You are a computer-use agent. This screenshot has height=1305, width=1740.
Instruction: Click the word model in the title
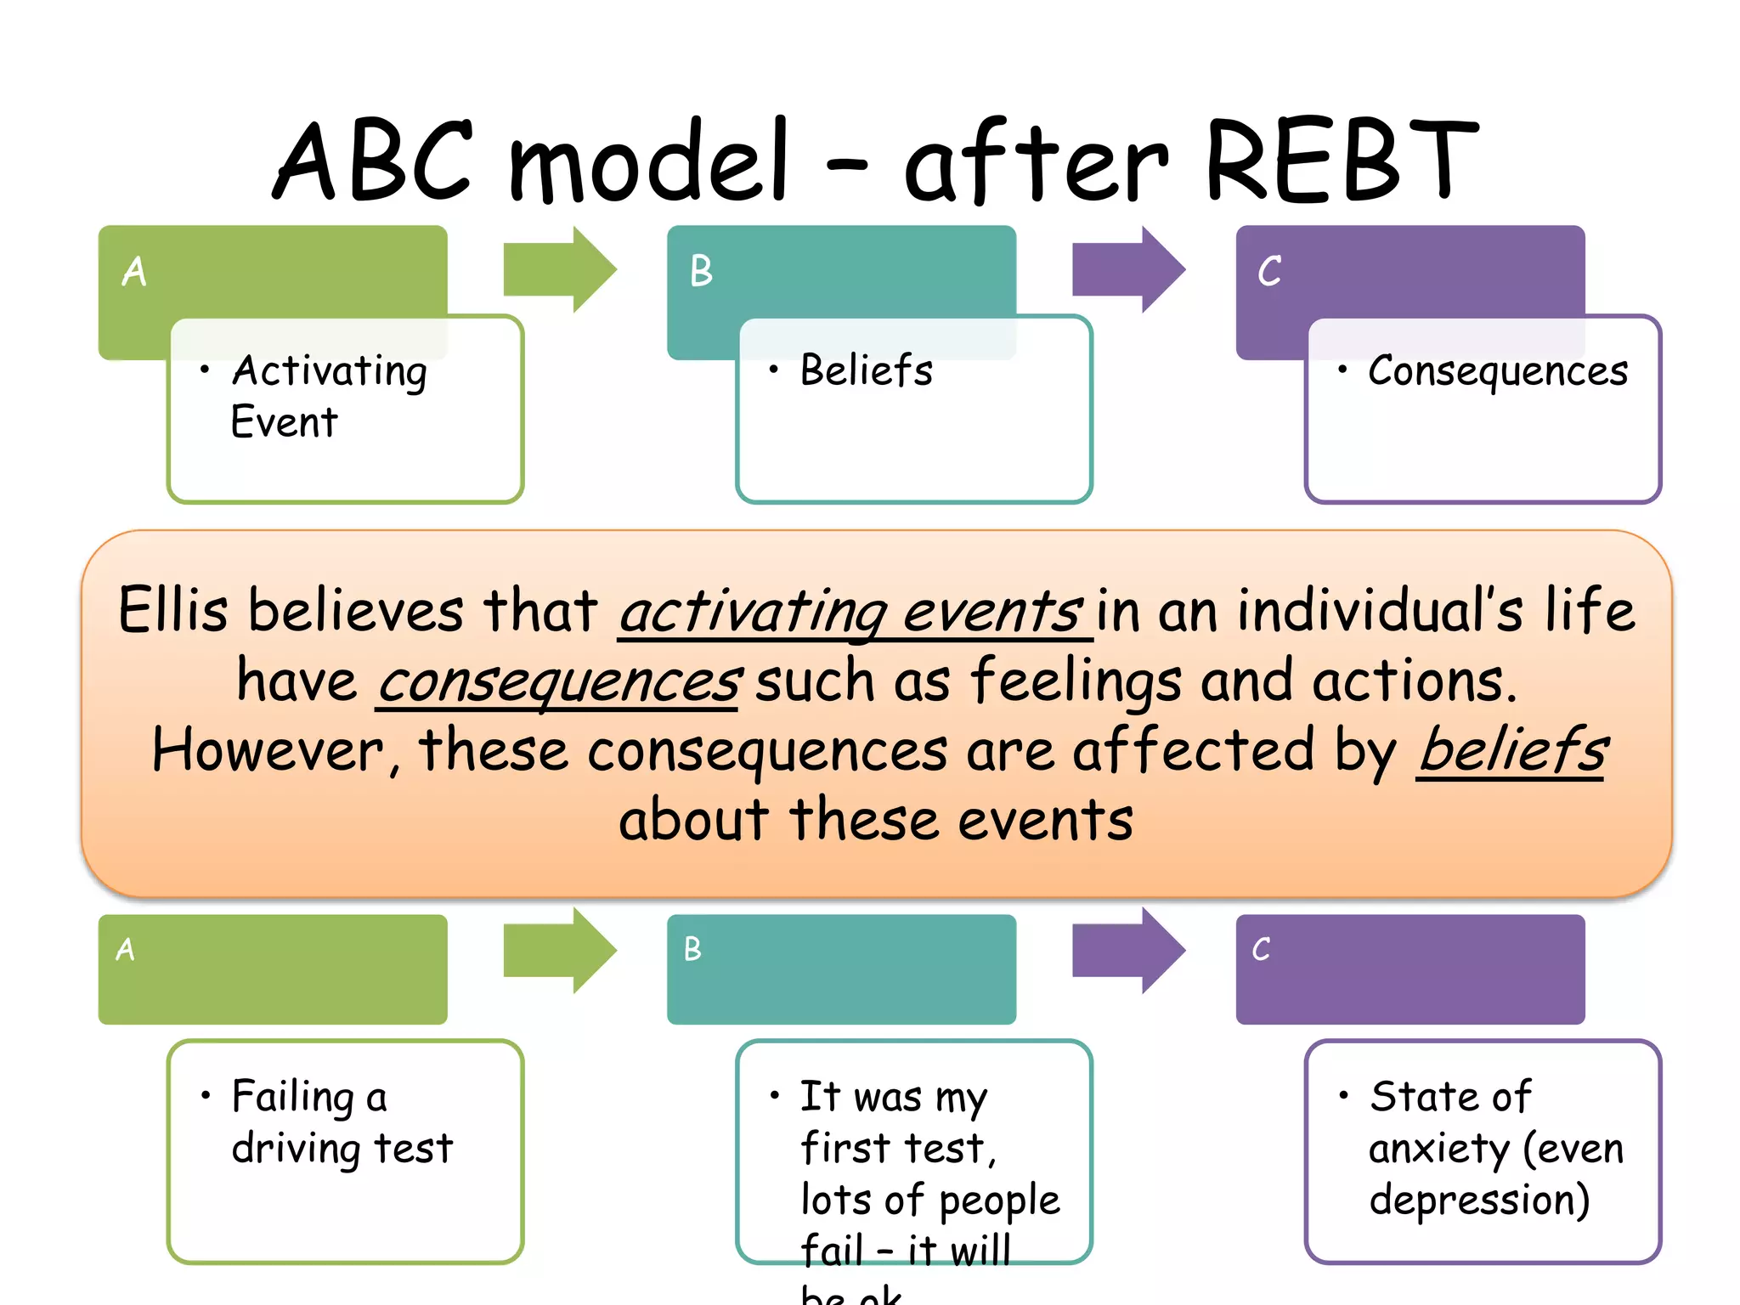pos(649,161)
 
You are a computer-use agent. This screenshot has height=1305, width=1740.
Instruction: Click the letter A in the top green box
pos(134,272)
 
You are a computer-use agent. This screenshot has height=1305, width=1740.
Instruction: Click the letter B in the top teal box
pos(701,272)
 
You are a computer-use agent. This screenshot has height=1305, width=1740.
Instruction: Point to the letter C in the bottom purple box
pos(1261,949)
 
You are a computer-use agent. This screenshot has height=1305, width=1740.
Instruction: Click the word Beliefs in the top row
pos(866,371)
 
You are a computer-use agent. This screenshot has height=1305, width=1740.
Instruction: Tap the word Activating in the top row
pos(330,371)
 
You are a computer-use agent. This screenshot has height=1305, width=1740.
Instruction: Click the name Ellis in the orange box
pos(173,610)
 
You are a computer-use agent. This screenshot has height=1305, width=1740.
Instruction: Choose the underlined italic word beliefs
pos(1511,751)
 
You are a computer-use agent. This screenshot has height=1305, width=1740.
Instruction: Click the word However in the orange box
pos(268,751)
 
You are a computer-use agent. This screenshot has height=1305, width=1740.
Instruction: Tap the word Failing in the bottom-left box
pos(292,1096)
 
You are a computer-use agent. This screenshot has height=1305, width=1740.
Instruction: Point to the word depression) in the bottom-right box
pos(1479,1200)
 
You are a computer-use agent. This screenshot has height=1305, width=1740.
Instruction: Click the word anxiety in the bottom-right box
pos(1439,1149)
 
